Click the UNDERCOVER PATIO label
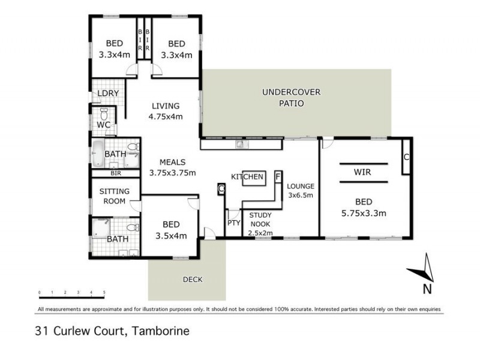pyautogui.click(x=291, y=97)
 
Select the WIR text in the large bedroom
pyautogui.click(x=362, y=172)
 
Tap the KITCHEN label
pyautogui.click(x=247, y=177)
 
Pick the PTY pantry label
pyautogui.click(x=233, y=223)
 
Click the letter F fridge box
pyautogui.click(x=278, y=177)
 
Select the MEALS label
pyautogui.click(x=172, y=162)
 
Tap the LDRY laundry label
pyautogui.click(x=108, y=94)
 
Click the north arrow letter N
pyautogui.click(x=427, y=289)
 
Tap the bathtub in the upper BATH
pyautogui.click(x=98, y=154)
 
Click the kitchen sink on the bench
pyautogui.click(x=239, y=143)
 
